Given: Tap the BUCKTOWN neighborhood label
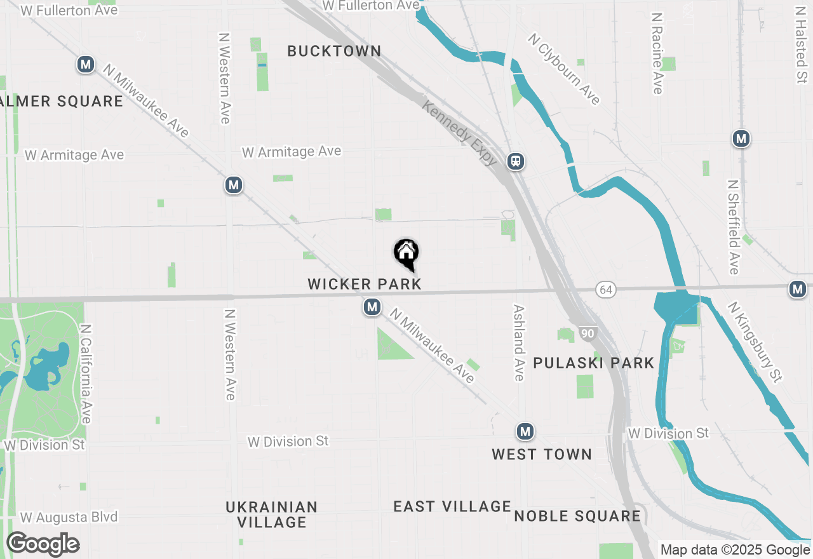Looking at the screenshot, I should [x=334, y=51].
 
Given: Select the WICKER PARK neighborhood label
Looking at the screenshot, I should [x=365, y=283].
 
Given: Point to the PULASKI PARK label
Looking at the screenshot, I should [x=593, y=363].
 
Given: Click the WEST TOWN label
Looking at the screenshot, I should [x=542, y=454].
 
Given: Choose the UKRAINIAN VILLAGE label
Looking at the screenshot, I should [x=272, y=515].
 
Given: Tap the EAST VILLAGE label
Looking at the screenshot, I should [x=452, y=506].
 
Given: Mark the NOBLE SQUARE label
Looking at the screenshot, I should [x=577, y=516].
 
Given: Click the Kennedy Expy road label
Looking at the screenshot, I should [x=459, y=133].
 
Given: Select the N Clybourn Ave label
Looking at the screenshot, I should [x=564, y=69].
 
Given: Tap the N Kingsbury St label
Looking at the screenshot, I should [x=755, y=341].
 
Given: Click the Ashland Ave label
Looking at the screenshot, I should [x=519, y=342].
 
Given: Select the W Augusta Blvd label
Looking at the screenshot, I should [x=69, y=517].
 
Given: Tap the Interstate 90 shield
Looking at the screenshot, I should [x=588, y=333].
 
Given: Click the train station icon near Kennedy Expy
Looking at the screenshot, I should [x=516, y=161].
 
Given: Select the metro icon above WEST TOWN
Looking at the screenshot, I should [x=524, y=432].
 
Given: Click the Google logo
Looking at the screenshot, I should [x=43, y=544].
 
